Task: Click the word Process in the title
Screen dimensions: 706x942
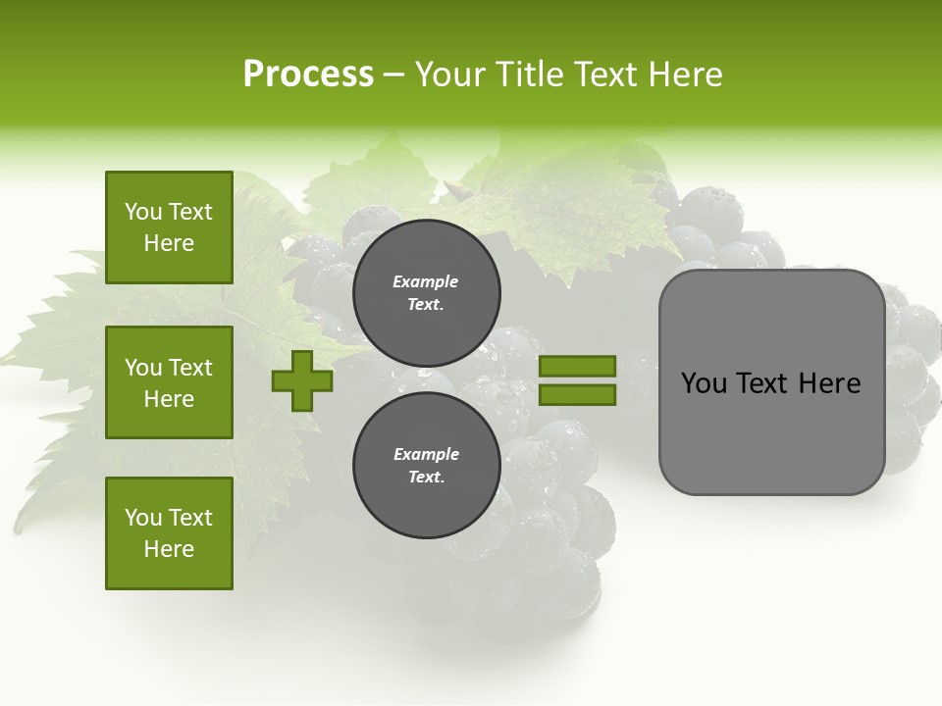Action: [308, 75]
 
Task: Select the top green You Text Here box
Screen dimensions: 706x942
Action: [169, 227]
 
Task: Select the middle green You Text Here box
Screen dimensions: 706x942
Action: [169, 382]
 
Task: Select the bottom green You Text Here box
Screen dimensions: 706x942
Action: [169, 533]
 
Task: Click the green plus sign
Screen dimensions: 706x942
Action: [302, 380]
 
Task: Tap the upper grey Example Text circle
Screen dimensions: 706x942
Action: [426, 292]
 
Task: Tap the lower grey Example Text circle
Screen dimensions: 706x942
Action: [426, 465]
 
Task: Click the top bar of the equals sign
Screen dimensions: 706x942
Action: [577, 367]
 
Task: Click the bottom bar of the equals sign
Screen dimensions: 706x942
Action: [577, 395]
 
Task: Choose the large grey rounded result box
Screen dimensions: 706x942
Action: [771, 382]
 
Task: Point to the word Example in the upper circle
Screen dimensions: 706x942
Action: [426, 281]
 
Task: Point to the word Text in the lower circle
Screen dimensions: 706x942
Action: [425, 478]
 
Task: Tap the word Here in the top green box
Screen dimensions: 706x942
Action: [169, 243]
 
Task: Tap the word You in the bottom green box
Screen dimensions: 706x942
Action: [142, 518]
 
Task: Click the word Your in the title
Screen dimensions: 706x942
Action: [448, 75]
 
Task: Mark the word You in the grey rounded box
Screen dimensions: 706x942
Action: [704, 383]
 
